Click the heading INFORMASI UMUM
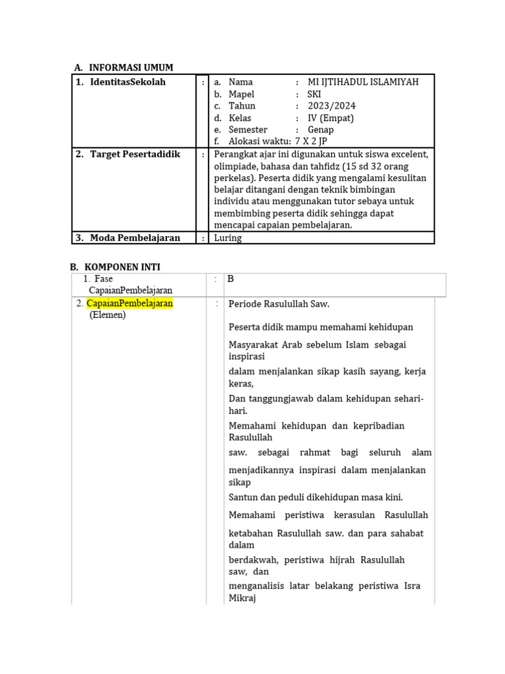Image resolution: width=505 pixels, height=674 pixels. point(131,68)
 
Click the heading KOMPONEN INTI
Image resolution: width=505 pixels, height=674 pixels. point(122,267)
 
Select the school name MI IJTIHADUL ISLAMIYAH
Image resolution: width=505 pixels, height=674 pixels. point(362,82)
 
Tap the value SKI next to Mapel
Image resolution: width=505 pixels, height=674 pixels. point(315,94)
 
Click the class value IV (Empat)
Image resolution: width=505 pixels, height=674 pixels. point(330,118)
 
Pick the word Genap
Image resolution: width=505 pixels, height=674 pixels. point(320,130)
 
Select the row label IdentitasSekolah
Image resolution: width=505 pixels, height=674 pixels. point(128,82)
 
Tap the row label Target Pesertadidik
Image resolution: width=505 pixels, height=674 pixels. point(135,154)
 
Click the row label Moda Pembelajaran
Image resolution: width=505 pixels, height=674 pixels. point(135,238)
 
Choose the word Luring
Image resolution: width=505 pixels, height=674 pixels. point(228,238)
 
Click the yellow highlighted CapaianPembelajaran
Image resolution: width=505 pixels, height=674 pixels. point(130,303)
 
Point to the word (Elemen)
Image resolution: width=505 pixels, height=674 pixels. point(107,315)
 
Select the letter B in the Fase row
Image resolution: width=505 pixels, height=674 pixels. point(231,279)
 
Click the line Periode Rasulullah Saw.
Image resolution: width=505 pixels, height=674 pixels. point(279,304)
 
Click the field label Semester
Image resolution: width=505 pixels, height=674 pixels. point(248,130)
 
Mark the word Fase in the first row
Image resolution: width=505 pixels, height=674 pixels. point(104,279)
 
